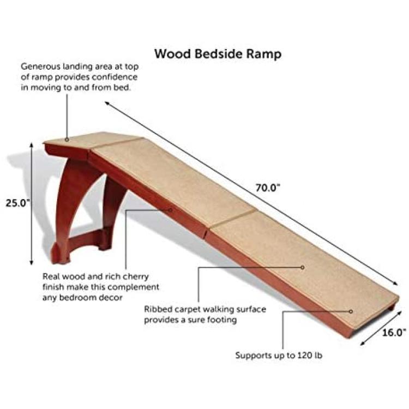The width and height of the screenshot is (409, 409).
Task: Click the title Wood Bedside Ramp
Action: pyautogui.click(x=218, y=54)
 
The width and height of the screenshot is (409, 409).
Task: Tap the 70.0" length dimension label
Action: pyautogui.click(x=268, y=188)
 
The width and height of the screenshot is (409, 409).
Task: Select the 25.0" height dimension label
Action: pyautogui.click(x=18, y=203)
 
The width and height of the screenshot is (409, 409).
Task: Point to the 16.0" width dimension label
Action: pyautogui.click(x=394, y=333)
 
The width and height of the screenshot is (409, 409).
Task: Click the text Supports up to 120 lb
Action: pyautogui.click(x=279, y=355)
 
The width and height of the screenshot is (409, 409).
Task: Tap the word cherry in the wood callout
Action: pyautogui.click(x=135, y=276)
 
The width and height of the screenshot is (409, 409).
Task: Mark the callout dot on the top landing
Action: pyautogui.click(x=67, y=140)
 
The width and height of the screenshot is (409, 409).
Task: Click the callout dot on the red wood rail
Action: pyautogui.click(x=171, y=210)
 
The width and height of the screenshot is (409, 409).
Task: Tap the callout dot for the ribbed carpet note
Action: pyautogui.click(x=303, y=267)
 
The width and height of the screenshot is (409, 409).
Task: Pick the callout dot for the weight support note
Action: pyautogui.click(x=351, y=311)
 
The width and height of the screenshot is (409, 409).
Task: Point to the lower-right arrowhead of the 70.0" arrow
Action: pyautogui.click(x=396, y=284)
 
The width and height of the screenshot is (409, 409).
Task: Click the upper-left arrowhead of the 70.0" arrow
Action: pyautogui.click(x=107, y=103)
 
